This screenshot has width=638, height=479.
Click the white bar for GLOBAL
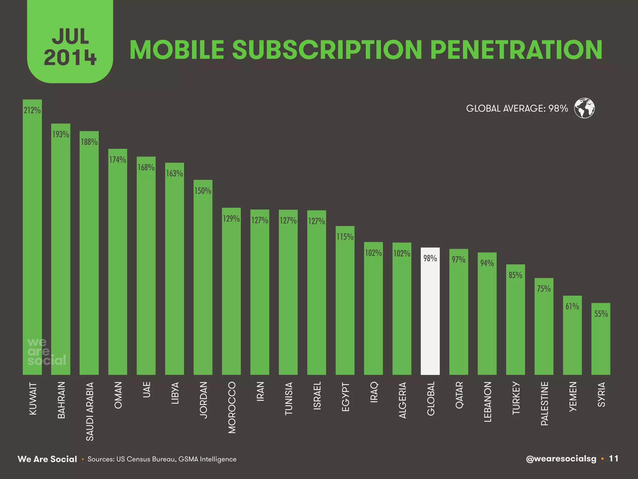coord(430,312)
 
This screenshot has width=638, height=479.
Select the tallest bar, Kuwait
coord(32,237)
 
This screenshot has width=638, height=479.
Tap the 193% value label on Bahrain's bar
coord(61,134)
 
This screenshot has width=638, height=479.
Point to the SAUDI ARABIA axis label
coord(90,411)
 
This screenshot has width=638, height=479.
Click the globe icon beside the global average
coord(584,108)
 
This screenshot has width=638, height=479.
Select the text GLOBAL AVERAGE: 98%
coord(517,109)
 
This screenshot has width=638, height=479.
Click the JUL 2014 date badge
coord(70,47)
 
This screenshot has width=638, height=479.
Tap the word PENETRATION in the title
coord(516,50)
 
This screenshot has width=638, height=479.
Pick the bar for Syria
coord(601,340)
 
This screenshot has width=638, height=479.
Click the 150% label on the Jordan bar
coord(203,191)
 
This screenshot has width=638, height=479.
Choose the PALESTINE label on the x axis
coord(544,404)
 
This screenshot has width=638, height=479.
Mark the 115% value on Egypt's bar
coord(345,237)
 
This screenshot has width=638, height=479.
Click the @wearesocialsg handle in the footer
coord(561,459)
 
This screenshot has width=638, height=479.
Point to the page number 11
coord(613,458)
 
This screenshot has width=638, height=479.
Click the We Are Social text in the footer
coord(47,459)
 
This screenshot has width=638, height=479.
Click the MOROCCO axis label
coord(232,407)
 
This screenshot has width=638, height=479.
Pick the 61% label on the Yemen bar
coord(572,307)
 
